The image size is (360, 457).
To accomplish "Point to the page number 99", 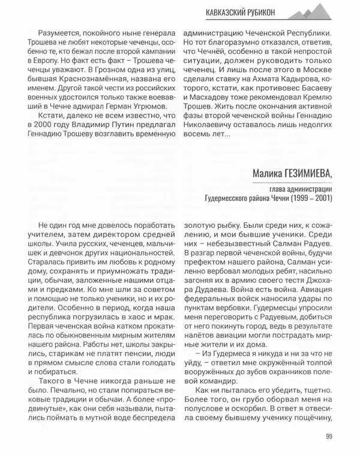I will pyautogui.click(x=329, y=436).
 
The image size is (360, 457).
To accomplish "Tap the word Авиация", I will pyautogui.click(x=307, y=288).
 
